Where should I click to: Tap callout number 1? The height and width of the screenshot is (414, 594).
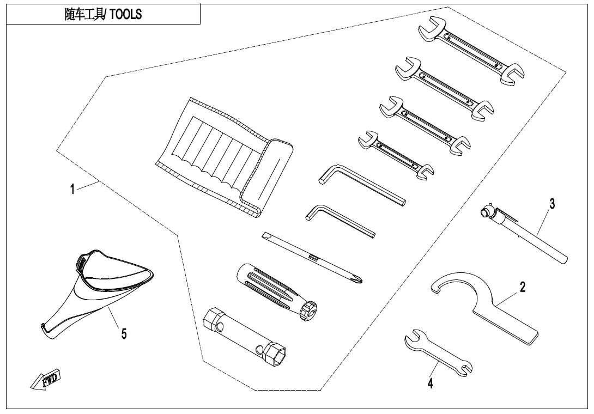coord(72,188)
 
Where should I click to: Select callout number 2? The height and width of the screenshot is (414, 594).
coord(523,287)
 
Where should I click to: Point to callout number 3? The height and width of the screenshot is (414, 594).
coord(552,203)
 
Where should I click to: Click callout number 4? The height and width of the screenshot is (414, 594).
coord(430,383)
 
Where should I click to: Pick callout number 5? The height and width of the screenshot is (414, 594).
coord(124,334)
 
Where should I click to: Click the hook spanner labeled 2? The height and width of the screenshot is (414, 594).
coord(485,307)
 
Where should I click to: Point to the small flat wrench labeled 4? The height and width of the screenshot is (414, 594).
coord(439,352)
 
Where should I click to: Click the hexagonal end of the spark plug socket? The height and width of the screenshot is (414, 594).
coord(275,353)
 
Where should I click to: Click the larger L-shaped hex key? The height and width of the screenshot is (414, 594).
coord(362,185)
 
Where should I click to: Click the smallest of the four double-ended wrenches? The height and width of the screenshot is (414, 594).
coord(396,155)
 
